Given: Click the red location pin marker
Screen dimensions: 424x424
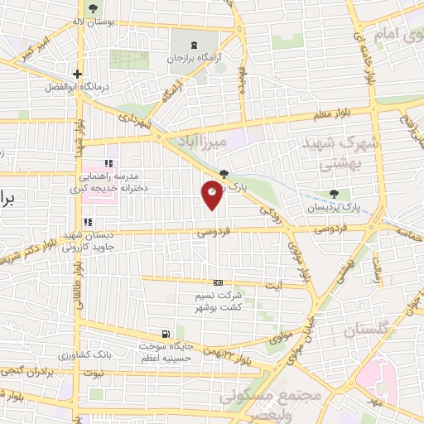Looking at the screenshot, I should click(x=213, y=194).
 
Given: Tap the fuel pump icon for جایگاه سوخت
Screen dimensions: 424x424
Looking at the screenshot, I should click(x=169, y=334).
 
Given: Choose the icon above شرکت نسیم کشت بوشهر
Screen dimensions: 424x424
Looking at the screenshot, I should click(x=218, y=282).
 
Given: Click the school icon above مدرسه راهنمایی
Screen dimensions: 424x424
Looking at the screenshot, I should click(x=108, y=163).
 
